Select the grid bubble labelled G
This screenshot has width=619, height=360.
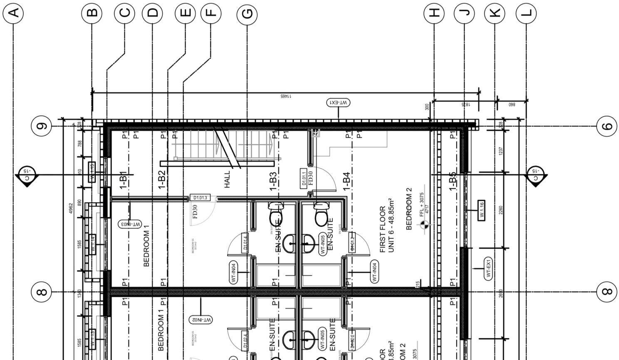coord(247,14)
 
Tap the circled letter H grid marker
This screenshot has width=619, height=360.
coord(434,13)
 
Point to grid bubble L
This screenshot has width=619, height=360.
coord(526,13)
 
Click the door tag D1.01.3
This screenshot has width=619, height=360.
coord(200,198)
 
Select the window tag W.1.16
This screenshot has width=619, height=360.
coord(481,210)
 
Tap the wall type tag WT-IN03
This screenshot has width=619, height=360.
coord(130,224)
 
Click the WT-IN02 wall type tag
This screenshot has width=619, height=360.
coord(201,320)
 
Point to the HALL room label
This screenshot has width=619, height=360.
coord(227,179)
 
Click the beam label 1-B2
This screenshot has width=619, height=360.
coord(162,180)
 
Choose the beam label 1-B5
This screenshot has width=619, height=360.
coord(453,181)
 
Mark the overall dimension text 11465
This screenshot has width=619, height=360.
coord(285,96)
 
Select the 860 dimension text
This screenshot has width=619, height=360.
coord(512,105)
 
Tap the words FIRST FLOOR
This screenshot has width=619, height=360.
coord(383,229)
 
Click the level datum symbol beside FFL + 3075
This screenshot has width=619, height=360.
coord(424,225)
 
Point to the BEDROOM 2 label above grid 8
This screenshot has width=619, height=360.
coord(409,209)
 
